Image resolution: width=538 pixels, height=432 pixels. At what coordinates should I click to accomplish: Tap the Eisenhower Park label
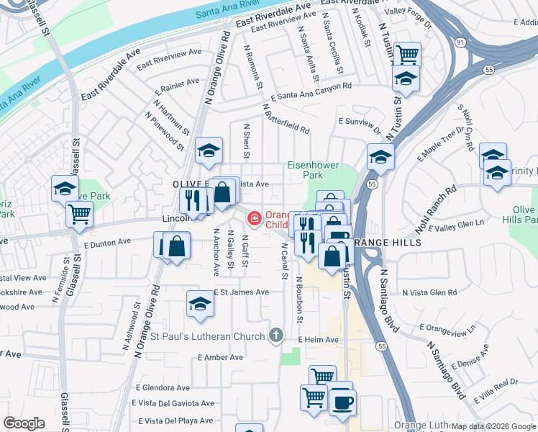point(313,170)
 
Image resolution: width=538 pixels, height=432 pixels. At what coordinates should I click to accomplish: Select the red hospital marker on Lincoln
point(254,218)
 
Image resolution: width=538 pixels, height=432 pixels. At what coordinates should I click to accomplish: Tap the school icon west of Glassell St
point(65,189)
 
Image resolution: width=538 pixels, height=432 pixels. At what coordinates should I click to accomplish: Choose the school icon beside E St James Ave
point(200,303)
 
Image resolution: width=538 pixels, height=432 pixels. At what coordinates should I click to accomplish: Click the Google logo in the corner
point(24,423)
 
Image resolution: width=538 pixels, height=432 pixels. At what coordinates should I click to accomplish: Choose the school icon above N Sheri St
point(209,150)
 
